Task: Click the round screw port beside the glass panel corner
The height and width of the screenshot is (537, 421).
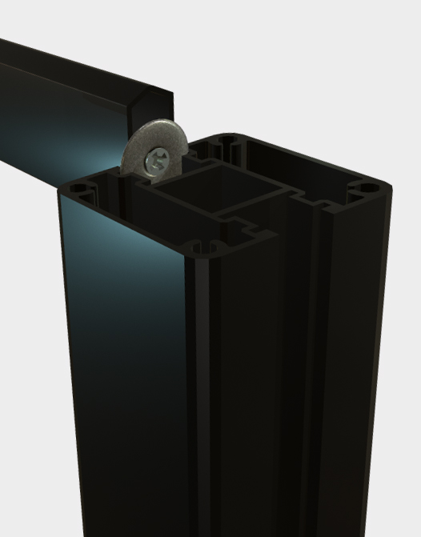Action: coord(79,190)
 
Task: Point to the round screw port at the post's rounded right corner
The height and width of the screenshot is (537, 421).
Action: coord(366,188)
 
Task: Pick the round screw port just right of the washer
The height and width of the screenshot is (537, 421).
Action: coord(227,143)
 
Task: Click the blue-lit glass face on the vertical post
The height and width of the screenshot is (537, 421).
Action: coord(120,320)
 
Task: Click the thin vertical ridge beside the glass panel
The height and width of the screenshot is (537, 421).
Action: coord(197,360)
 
